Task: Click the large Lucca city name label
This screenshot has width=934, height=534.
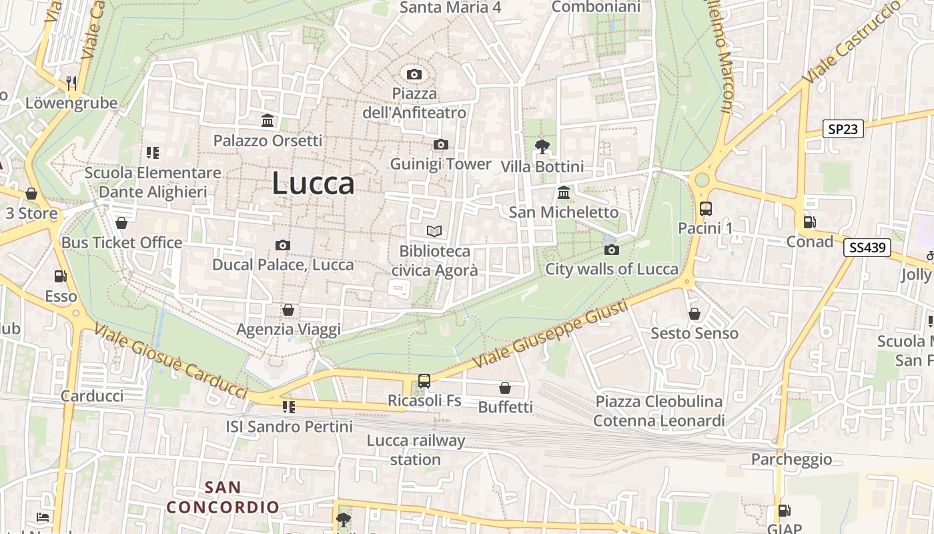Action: click(x=313, y=184)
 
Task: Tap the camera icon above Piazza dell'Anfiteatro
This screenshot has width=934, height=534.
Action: click(x=414, y=74)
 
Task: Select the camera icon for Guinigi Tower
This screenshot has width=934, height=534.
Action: click(x=440, y=145)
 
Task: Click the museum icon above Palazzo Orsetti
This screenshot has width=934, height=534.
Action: click(x=268, y=121)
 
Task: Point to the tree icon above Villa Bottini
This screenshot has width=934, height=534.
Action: click(x=542, y=147)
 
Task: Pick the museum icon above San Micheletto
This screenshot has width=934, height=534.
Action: click(x=564, y=193)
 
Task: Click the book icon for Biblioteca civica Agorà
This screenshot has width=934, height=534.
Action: click(x=434, y=232)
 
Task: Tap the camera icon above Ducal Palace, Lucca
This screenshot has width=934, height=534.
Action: click(x=283, y=245)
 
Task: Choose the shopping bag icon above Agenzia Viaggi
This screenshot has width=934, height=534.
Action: click(x=288, y=310)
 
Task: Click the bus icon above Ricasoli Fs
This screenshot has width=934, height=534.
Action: click(x=424, y=381)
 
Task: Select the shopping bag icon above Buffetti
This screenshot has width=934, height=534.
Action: click(x=505, y=388)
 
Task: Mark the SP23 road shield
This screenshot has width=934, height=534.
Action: click(x=843, y=129)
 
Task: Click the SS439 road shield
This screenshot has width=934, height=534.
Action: click(x=867, y=248)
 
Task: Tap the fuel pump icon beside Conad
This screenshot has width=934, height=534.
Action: click(x=809, y=222)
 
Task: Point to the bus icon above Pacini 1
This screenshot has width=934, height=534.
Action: click(x=706, y=209)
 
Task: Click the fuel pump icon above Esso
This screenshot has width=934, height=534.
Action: click(x=61, y=276)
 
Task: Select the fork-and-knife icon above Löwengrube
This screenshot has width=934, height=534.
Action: click(x=71, y=83)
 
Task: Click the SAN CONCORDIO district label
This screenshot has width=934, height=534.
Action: click(x=223, y=497)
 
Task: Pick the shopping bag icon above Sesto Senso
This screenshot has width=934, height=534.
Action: click(x=694, y=314)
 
